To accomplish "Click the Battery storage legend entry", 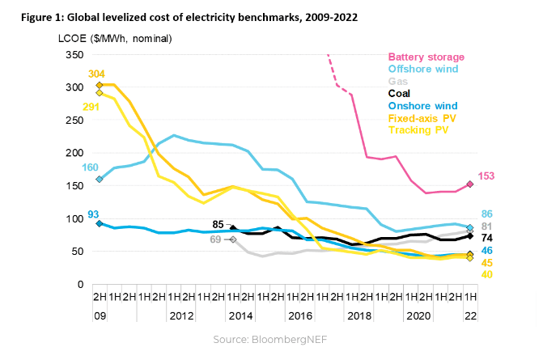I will click(x=426, y=57).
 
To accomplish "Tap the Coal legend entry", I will click(x=400, y=93).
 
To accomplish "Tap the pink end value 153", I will click(x=487, y=176).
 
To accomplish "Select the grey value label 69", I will click(x=216, y=239).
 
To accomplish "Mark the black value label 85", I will click(x=218, y=224).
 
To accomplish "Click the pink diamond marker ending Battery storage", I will click(x=470, y=184).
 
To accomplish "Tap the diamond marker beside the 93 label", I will click(x=100, y=223).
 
